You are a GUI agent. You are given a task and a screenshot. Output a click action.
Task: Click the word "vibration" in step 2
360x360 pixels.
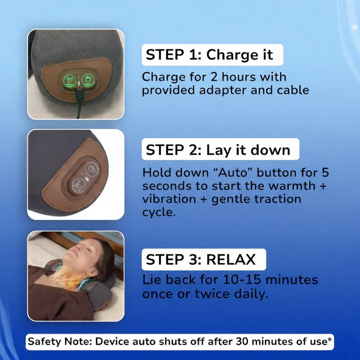pos(164,199)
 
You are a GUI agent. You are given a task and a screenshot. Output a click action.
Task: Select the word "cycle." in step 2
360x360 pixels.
pos(158,212)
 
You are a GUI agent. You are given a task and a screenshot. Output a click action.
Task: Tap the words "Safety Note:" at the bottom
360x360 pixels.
pos(60,341)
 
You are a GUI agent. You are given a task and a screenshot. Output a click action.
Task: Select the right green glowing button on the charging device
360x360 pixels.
pos(88,79)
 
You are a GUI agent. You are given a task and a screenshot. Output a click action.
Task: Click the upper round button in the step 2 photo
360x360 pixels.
pos(92,168)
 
